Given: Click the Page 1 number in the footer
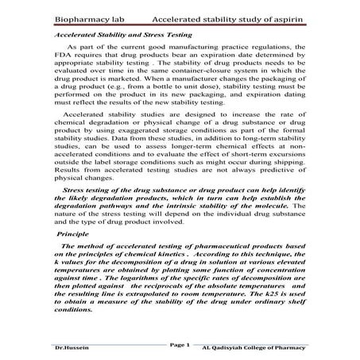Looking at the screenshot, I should (180, 346).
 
